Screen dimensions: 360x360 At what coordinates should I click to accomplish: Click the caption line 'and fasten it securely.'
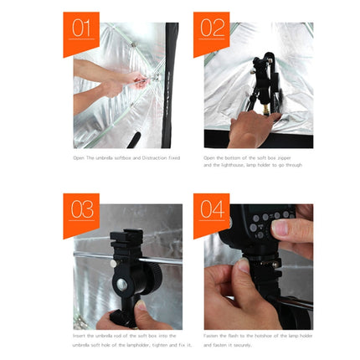(x=229, y=344)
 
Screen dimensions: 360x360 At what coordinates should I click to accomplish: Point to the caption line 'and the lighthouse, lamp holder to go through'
(x=252, y=165)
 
